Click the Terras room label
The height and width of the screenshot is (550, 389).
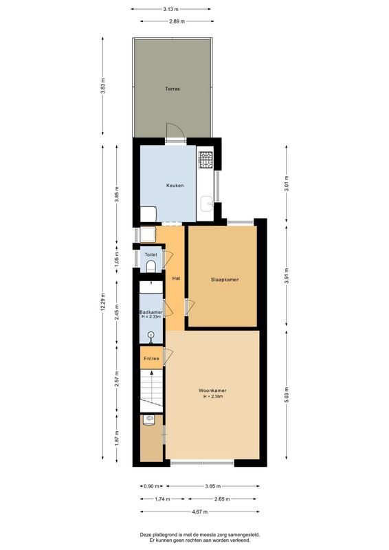[172, 89]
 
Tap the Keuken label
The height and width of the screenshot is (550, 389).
[175, 186]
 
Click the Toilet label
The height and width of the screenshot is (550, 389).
[151, 255]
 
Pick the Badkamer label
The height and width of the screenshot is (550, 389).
[151, 311]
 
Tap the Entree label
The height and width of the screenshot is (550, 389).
[151, 358]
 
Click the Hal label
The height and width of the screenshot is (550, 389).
[176, 278]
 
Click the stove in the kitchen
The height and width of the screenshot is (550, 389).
[205, 160]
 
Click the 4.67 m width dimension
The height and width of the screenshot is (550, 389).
[199, 512]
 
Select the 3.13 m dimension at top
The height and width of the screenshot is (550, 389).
[171, 10]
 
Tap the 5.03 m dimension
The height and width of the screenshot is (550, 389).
[287, 395]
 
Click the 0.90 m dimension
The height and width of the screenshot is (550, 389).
[151, 486]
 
